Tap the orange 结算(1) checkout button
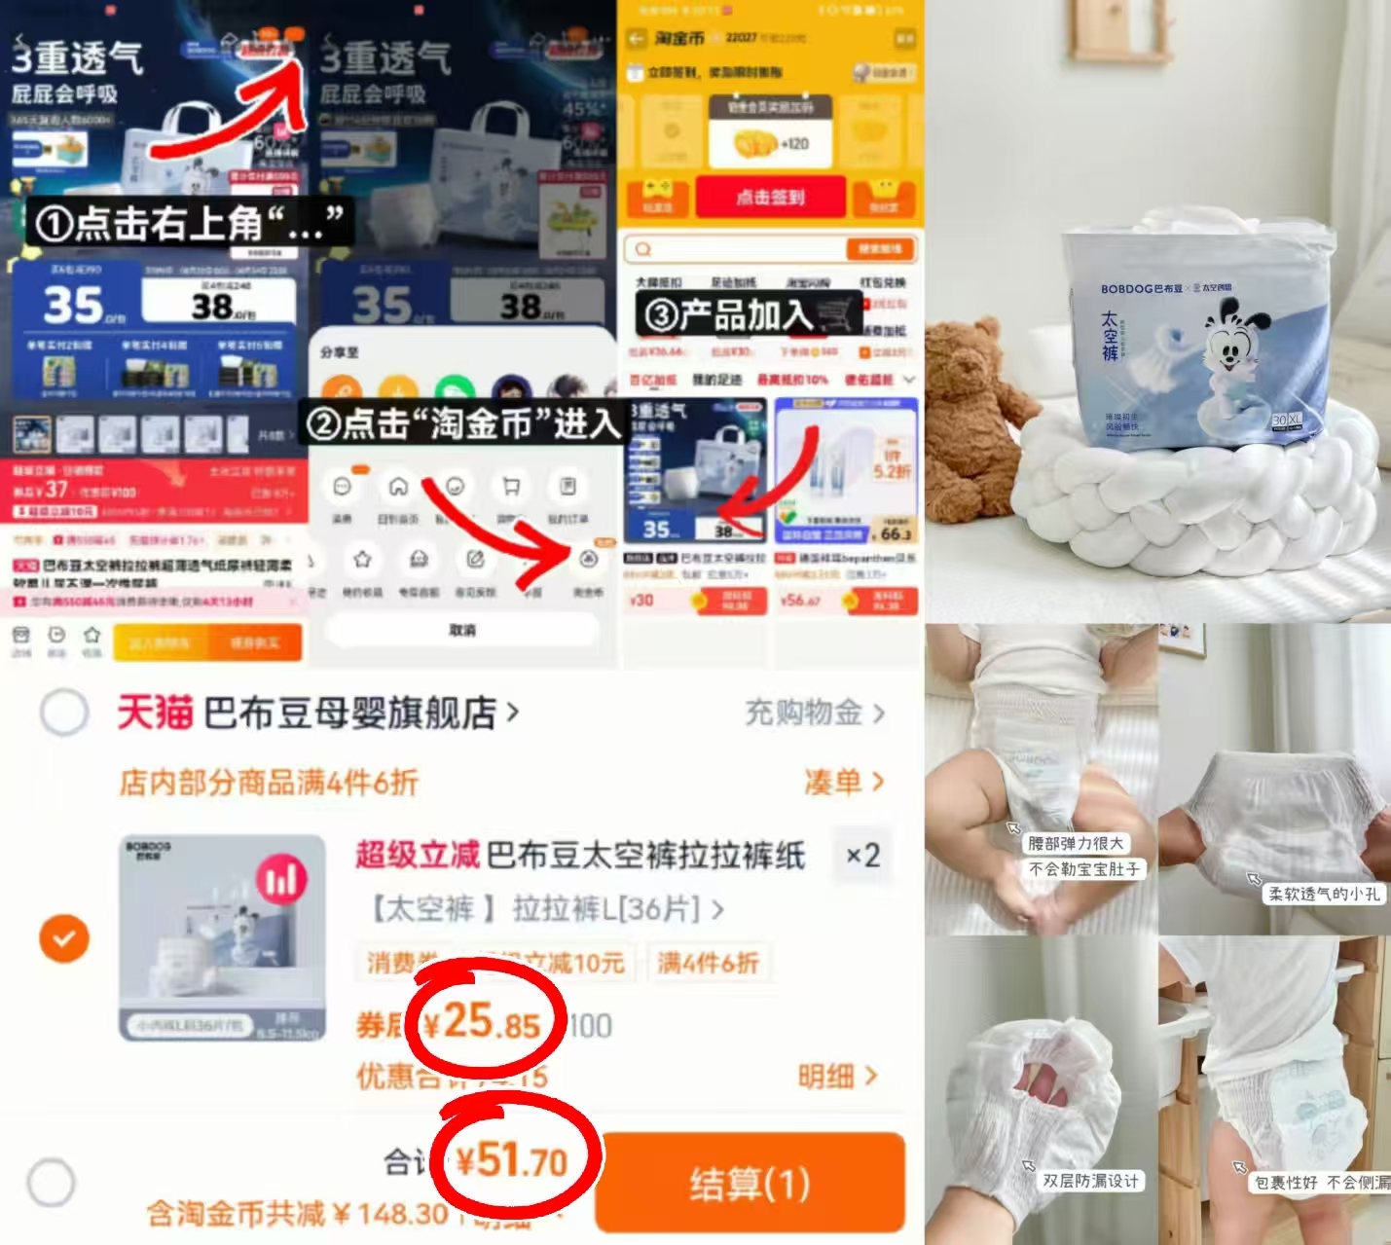[x=750, y=1184]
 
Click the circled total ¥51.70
[x=513, y=1161]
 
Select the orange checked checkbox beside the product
[x=64, y=938]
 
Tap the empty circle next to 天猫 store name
[x=64, y=714]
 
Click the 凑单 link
[x=843, y=782]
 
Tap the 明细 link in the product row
[x=837, y=1077]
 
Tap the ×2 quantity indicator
[x=862, y=856]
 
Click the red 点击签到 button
[x=770, y=198]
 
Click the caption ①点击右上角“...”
[x=189, y=224]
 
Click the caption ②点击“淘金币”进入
[x=463, y=423]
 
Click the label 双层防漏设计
[x=1089, y=1181]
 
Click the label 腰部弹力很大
[x=1076, y=843]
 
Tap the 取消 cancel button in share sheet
[x=462, y=631]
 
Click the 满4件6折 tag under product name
[x=708, y=963]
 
